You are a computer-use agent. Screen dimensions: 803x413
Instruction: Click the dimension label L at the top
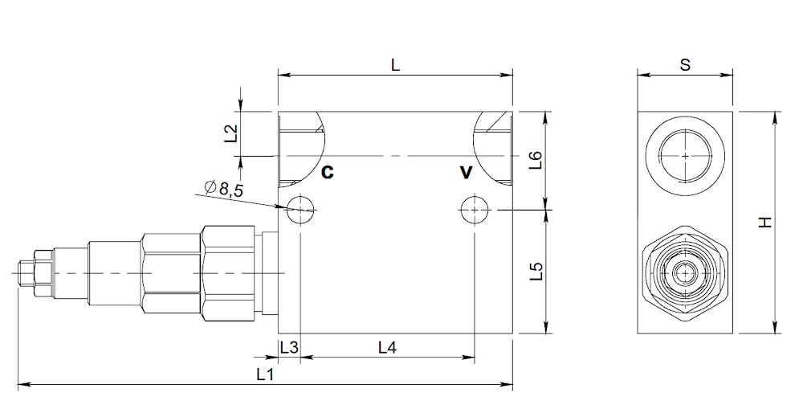(395, 65)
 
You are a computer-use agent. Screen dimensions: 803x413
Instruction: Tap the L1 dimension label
(265, 374)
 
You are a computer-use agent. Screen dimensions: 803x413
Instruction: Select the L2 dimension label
(231, 133)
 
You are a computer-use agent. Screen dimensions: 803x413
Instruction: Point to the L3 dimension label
(289, 348)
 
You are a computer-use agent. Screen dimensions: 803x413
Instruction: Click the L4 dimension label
(387, 348)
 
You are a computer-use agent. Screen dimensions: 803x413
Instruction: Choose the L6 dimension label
(535, 160)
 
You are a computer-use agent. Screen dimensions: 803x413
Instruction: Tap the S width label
(685, 65)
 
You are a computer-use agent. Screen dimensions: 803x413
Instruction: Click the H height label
(764, 223)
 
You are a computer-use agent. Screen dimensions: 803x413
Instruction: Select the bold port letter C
(328, 172)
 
